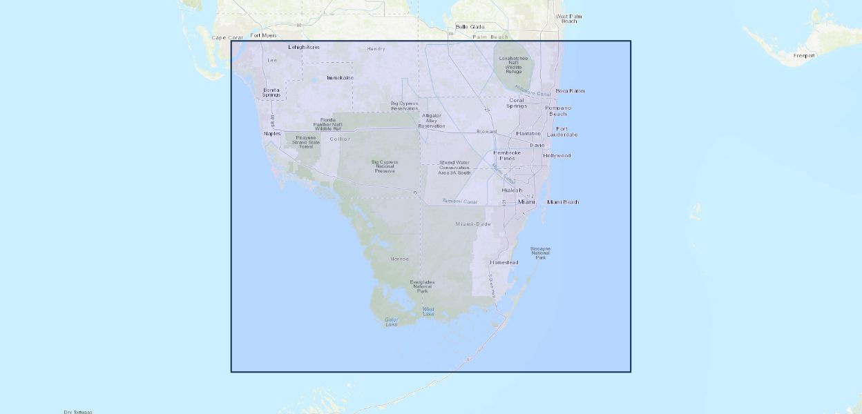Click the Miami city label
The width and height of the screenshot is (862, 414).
[526, 202]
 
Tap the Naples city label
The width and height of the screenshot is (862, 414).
[272, 133]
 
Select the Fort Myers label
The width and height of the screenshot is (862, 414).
[263, 35]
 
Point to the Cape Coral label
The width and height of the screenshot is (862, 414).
[227, 38]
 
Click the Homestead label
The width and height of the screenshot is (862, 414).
[504, 263]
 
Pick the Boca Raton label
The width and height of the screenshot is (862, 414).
[570, 91]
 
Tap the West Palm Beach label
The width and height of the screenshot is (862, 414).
[566, 19]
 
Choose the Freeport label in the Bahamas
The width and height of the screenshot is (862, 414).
[804, 56]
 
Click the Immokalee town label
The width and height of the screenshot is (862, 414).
[340, 78]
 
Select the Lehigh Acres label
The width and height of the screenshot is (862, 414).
[304, 47]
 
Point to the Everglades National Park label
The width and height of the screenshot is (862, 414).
[422, 286]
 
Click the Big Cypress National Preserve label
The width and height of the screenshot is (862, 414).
[385, 166]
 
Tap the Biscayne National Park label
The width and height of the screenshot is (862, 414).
[540, 253]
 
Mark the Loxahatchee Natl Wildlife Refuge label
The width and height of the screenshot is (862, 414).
[514, 65]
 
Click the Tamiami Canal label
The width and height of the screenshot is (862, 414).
[459, 201]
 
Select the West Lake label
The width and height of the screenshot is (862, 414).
[428, 311]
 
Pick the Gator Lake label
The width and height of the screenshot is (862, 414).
[392, 322]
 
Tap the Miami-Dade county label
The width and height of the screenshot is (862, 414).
[473, 224]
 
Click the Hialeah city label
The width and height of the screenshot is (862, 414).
[512, 190]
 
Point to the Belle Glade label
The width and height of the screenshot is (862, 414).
[470, 27]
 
